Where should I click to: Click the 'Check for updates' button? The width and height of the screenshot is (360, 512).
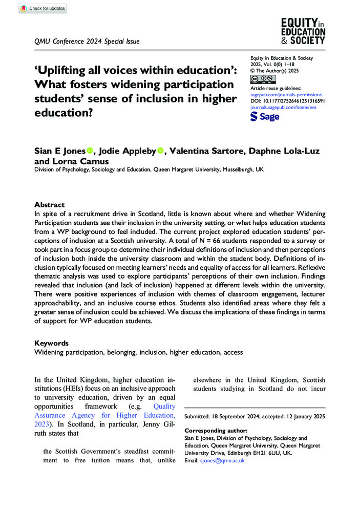tap(42, 8)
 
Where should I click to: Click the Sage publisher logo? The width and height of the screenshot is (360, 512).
tap(265, 116)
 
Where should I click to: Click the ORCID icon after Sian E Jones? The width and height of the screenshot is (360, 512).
tap(90, 151)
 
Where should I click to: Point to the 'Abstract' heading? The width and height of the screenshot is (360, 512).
tap(50, 204)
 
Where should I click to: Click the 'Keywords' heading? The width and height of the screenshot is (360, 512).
tap(52, 343)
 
